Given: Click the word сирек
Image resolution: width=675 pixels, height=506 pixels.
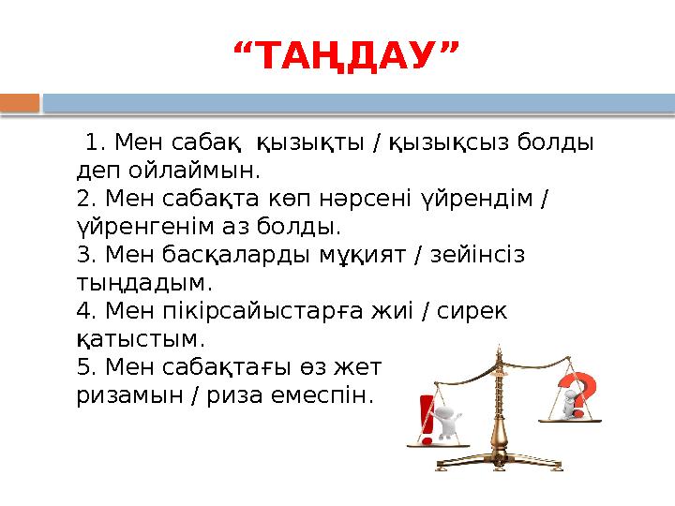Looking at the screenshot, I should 472,309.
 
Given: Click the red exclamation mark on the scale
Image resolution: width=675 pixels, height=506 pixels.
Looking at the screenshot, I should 427,419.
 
